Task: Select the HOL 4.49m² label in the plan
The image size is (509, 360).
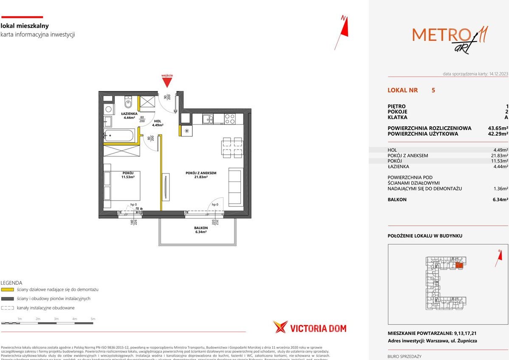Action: [157, 123]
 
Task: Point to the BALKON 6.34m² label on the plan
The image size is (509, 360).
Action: [200, 230]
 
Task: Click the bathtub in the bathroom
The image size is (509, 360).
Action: [119, 136]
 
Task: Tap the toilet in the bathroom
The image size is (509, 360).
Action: [128, 102]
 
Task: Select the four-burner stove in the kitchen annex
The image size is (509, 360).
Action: [229, 119]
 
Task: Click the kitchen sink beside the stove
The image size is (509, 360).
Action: [208, 119]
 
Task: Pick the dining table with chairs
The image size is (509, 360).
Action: [232, 147]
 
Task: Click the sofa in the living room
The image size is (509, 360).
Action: [235, 187]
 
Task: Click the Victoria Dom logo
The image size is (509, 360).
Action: [310, 328]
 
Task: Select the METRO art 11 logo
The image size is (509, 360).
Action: [450, 37]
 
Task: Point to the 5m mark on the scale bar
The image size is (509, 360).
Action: [93, 319]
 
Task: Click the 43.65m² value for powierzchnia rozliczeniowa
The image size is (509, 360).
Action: [498, 128]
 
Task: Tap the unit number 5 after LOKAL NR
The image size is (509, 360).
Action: [433, 90]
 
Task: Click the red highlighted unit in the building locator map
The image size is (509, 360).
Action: [459, 265]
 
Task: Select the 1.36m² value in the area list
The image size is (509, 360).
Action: [499, 189]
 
